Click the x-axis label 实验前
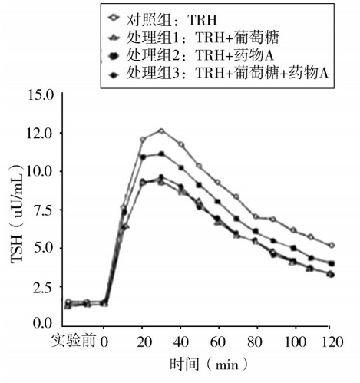point(75,340)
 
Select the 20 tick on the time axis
point(142,340)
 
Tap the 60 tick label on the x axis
point(217,340)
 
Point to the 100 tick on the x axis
point(293,340)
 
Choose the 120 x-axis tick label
point(331,340)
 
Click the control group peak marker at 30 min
point(161,131)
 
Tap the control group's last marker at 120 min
point(331,246)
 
